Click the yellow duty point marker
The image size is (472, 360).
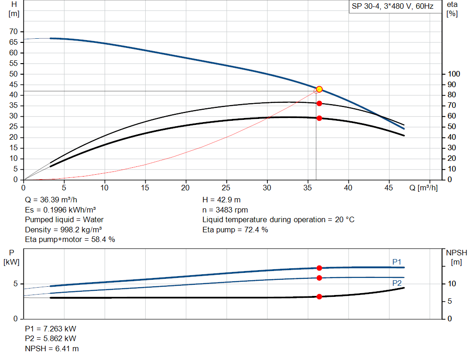point(319,89)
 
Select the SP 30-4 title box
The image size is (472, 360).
point(392,7)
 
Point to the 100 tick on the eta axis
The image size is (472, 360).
point(454,74)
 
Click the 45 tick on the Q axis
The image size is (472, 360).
point(389,188)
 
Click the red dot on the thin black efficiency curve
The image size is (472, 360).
point(319,103)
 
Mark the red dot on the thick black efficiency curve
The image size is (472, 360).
point(319,118)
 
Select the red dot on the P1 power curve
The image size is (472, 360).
point(319,268)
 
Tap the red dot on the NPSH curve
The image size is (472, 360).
point(319,296)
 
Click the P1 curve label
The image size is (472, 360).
point(397,262)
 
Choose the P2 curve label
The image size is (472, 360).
point(397,283)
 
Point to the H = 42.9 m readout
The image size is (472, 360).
point(221,200)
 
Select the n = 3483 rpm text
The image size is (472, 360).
point(225,210)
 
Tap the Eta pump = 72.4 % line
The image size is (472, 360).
point(235,230)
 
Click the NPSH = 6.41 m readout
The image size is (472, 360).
point(52,348)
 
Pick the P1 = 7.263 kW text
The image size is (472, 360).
point(51,329)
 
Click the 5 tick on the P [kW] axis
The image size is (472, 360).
point(15,284)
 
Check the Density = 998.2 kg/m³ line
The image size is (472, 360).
point(64,230)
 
